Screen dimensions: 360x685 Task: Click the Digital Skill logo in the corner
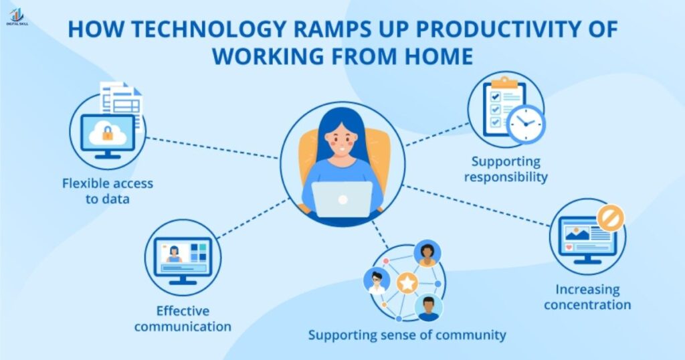(15, 15)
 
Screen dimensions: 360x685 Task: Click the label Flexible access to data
(107, 191)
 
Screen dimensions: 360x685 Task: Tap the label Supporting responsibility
(506, 169)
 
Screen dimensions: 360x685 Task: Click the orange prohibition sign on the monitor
(609, 217)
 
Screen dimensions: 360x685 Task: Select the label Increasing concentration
(587, 298)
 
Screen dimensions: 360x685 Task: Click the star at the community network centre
(407, 283)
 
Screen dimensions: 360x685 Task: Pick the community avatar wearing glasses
(376, 281)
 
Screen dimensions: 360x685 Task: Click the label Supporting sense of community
(407, 335)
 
